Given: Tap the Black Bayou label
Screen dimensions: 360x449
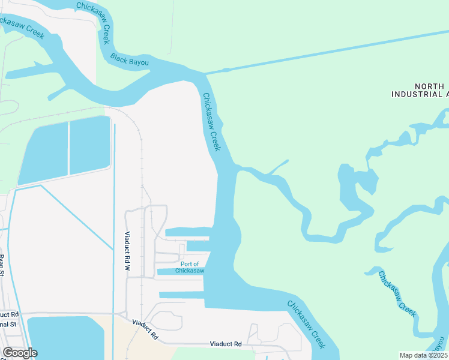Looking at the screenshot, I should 130,60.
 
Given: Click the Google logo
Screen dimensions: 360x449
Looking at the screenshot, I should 20,353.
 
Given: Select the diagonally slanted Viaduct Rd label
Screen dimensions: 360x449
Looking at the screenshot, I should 145,329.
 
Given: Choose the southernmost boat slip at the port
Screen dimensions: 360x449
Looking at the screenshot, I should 181,295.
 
